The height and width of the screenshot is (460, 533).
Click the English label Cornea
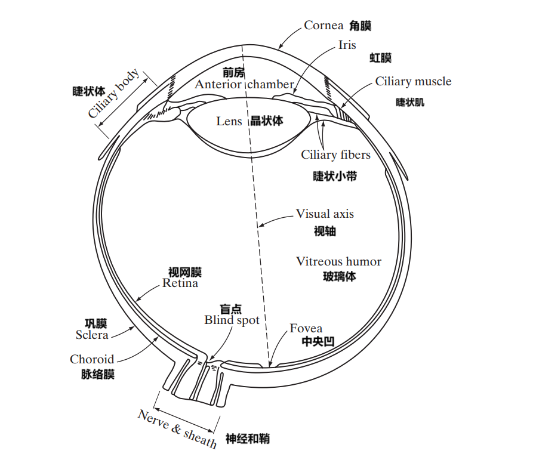coord(324,25)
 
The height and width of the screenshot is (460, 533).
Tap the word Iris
coord(347,45)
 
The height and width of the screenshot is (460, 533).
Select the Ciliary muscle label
coord(413,82)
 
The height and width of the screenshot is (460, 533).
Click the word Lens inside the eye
coord(229,121)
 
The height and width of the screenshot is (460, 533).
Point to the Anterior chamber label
coord(244,85)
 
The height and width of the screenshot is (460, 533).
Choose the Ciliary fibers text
coord(335,155)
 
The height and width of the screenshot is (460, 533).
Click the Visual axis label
coord(325,214)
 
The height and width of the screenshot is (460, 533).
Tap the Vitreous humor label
coord(338,261)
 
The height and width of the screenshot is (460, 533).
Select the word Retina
coord(180,283)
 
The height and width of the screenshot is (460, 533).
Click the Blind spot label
coord(232,320)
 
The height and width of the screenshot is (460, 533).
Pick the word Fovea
coord(306,329)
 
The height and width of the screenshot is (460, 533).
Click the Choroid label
coord(92,359)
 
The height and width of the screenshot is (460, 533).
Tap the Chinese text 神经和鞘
coord(247,439)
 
